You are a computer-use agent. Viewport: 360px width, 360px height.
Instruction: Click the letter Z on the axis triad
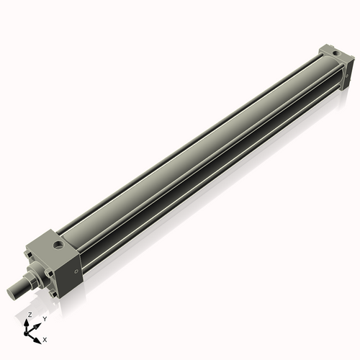pos(29,315)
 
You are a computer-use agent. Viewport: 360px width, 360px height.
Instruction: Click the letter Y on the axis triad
pos(44,318)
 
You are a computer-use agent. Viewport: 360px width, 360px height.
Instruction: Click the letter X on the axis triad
pos(45,338)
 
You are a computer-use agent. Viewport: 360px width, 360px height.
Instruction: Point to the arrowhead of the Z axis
pos(29,322)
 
